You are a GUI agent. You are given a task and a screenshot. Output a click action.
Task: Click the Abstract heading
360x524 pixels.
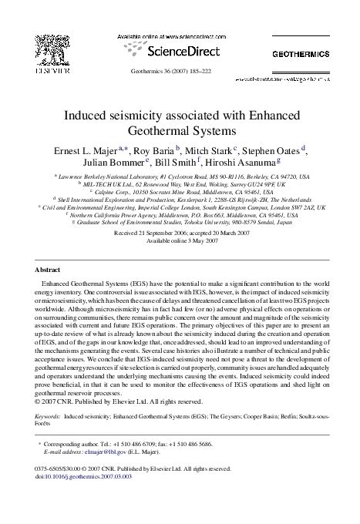coord(50,270)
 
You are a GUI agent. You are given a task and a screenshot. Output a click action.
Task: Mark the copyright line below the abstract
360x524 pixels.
coord(119,401)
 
